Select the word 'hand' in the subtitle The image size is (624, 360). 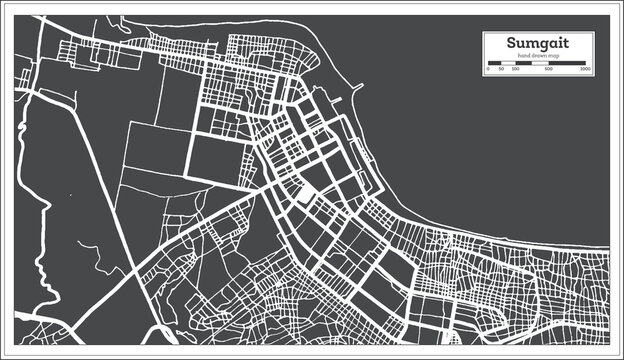tap(521, 57)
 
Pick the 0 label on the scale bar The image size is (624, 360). tap(488, 70)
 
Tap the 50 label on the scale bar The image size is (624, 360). tap(502, 70)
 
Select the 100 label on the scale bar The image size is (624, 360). tap(515, 70)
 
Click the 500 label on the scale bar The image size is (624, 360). tap(549, 70)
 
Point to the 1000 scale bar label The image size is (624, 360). tap(585, 70)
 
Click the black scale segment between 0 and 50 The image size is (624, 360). tap(494, 64)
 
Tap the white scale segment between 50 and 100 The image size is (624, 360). tap(508, 64)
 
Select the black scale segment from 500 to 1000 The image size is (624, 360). tap(567, 64)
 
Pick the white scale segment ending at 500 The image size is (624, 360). tap(532, 64)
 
